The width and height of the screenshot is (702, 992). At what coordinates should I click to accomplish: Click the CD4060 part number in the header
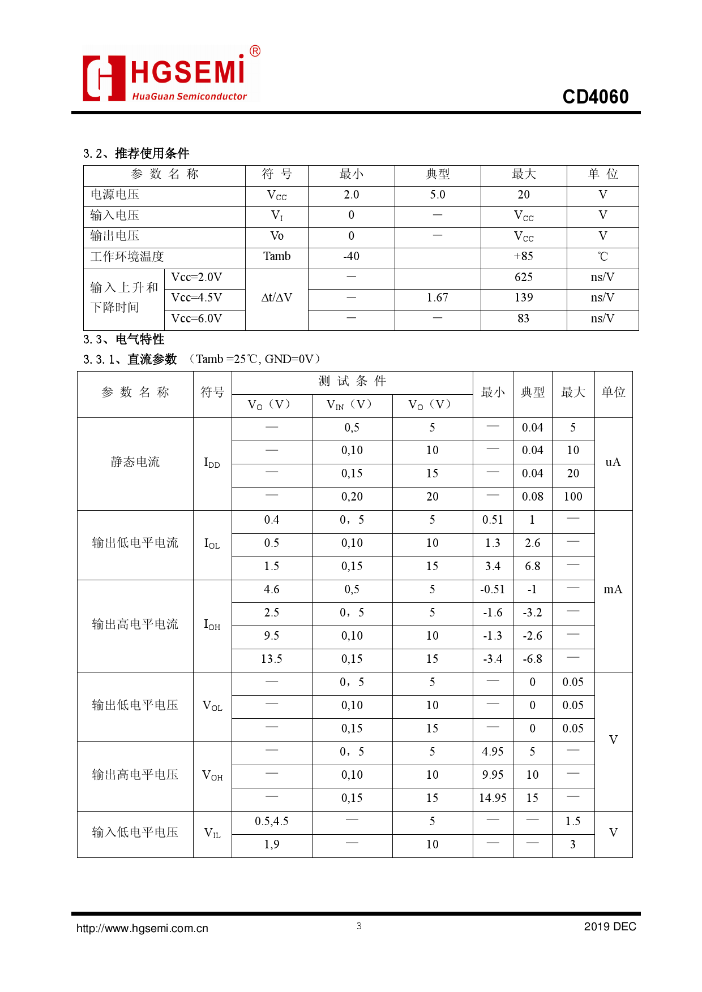[595, 97]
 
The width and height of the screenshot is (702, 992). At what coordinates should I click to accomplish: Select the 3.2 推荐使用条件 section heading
[136, 153]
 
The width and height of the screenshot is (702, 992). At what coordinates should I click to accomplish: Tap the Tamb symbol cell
[277, 256]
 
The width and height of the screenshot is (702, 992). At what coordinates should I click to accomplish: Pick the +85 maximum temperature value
[523, 256]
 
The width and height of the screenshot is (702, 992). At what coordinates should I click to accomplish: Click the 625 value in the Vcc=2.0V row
[523, 277]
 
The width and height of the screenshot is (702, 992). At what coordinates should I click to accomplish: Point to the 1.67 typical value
[437, 297]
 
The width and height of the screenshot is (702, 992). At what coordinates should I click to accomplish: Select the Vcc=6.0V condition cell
[196, 318]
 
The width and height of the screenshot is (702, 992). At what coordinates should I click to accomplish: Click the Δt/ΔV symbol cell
[277, 297]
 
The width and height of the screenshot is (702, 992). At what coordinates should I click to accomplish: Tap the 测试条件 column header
[352, 381]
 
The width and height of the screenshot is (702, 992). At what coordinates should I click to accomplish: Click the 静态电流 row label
[135, 462]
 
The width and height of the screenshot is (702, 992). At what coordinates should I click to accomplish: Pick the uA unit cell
[613, 462]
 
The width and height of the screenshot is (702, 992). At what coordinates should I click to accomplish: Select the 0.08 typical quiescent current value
[532, 497]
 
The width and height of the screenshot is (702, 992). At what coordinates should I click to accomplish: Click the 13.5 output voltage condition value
[272, 659]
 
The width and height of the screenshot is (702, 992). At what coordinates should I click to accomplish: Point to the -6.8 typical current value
[532, 659]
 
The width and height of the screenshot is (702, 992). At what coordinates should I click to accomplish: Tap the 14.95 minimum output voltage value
[493, 798]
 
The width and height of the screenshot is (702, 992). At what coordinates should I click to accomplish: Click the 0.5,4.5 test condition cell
[272, 821]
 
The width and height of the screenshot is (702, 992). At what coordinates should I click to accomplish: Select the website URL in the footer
[142, 928]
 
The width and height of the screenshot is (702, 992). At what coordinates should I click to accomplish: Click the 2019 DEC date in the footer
[610, 926]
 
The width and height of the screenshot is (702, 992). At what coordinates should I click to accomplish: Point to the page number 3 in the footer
[359, 926]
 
